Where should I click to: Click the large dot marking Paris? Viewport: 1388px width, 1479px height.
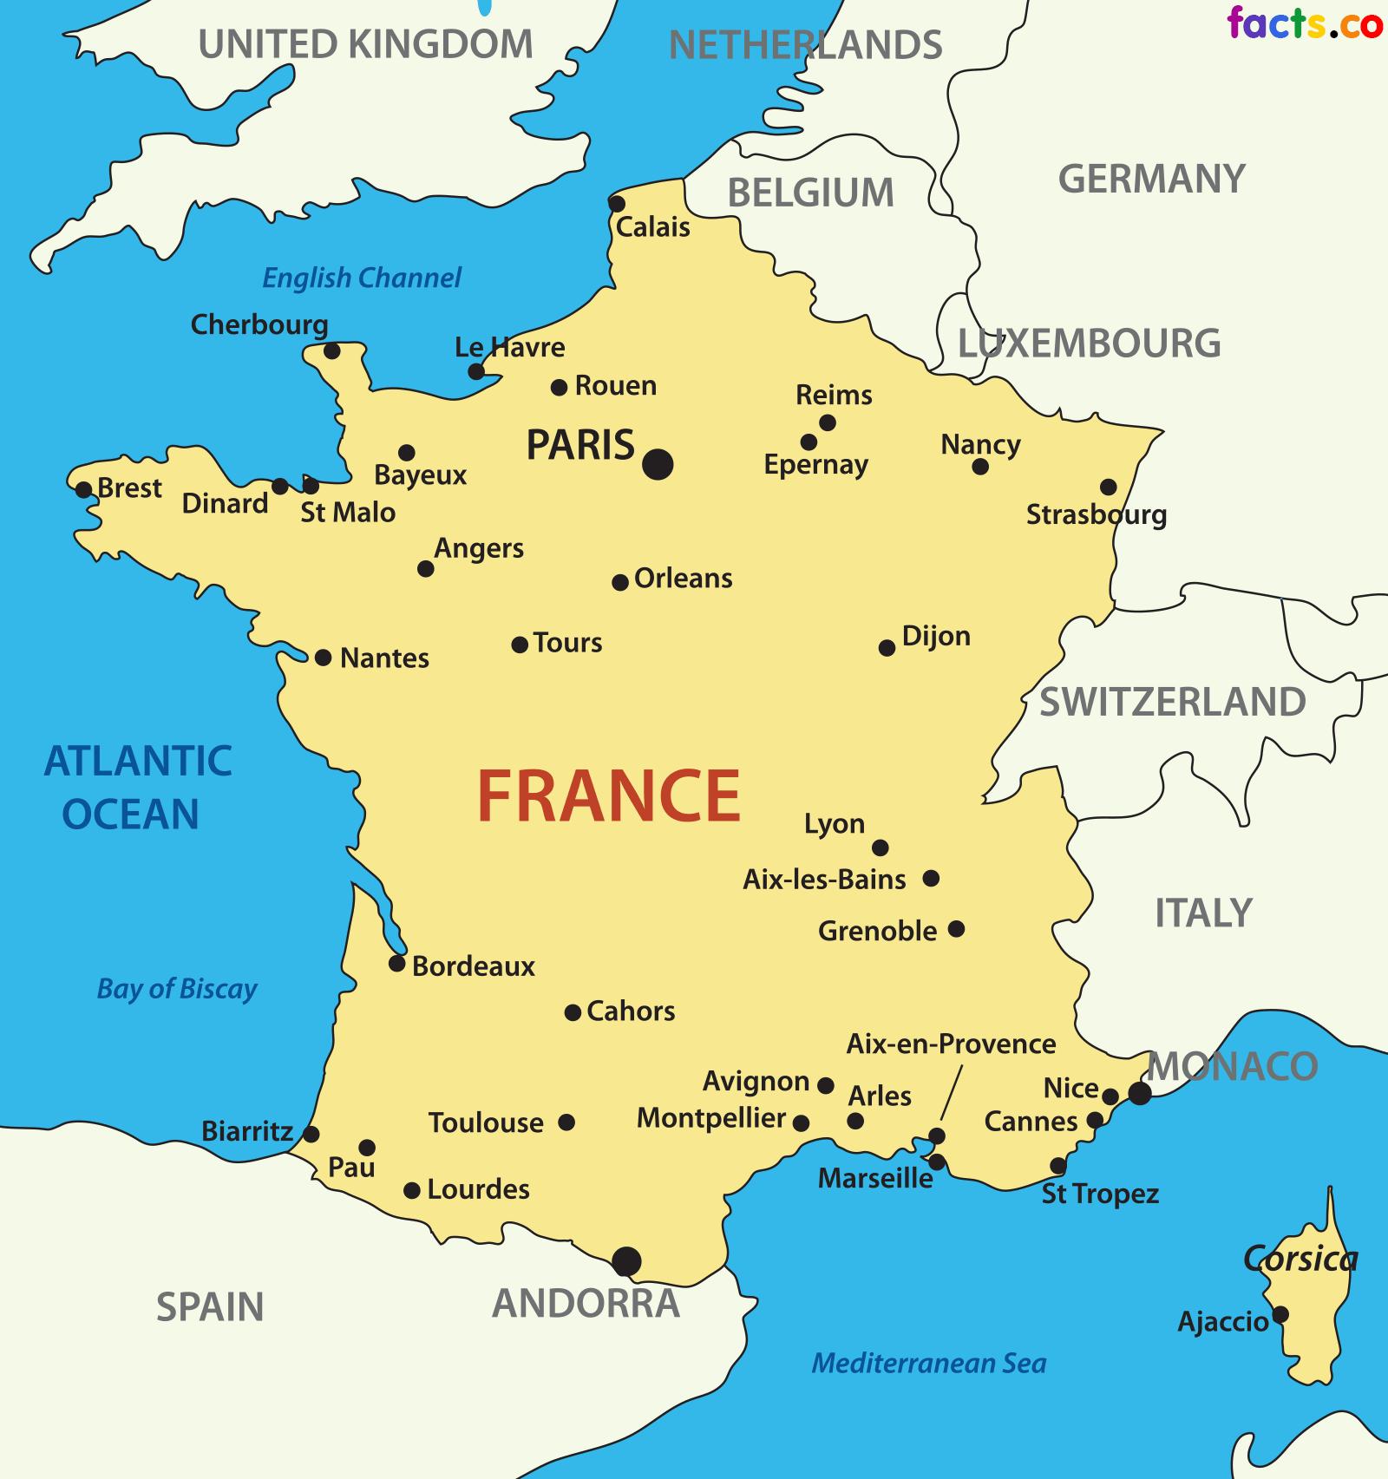tap(658, 464)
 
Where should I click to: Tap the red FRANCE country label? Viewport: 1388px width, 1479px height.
tap(608, 795)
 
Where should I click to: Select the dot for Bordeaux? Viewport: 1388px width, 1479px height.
tap(396, 963)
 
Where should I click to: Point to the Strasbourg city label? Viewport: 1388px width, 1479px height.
tap(1096, 514)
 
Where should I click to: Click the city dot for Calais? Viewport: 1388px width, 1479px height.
tap(616, 204)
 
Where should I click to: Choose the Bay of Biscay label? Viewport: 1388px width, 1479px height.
tap(177, 988)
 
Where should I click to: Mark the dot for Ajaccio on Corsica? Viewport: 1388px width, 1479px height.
tap(1280, 1314)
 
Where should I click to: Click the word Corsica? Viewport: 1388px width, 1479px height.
tap(1300, 1258)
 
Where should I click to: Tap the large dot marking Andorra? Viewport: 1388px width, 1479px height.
tap(626, 1260)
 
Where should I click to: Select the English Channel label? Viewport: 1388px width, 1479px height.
tap(362, 278)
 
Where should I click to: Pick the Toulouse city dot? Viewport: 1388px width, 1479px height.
tap(566, 1122)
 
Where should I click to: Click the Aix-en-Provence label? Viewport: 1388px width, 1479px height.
tap(951, 1044)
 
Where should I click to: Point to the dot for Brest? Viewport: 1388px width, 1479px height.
tap(83, 489)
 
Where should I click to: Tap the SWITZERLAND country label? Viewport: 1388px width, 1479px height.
tap(1172, 702)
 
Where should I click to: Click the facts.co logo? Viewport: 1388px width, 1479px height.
tap(1304, 23)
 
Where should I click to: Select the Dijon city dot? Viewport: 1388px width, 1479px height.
tap(887, 647)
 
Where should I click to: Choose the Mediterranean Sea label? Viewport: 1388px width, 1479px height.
tap(928, 1363)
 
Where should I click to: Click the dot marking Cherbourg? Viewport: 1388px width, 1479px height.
tap(331, 350)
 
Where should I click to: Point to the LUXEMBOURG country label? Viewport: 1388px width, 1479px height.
tap(1089, 344)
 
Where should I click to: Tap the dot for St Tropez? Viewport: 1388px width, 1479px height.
tap(1057, 1165)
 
